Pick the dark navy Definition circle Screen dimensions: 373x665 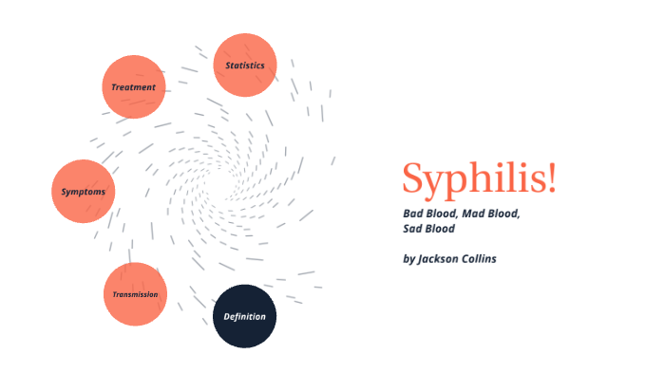244,316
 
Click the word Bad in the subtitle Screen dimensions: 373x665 414,214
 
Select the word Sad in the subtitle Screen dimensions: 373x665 414,229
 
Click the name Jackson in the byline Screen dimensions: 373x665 443,258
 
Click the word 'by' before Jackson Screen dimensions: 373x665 409,258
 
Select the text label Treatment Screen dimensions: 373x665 133,87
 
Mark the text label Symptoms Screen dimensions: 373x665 84,192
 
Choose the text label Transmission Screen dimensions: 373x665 135,294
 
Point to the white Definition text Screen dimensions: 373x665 244,316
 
